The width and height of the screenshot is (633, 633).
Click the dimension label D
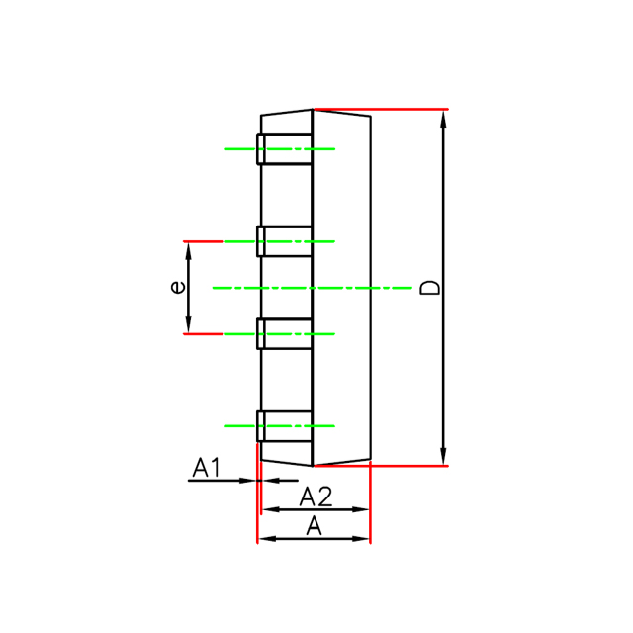(x=429, y=288)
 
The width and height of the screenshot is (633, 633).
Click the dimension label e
(x=177, y=287)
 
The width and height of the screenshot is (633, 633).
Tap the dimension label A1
(x=207, y=467)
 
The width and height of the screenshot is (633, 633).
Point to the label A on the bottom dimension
(x=315, y=525)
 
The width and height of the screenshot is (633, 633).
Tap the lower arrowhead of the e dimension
(x=189, y=326)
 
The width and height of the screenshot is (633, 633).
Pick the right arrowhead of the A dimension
(x=362, y=539)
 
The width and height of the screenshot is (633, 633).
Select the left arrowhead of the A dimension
(x=264, y=539)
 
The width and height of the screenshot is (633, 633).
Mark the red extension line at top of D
(x=396, y=109)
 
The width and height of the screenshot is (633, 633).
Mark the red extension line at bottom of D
(x=396, y=465)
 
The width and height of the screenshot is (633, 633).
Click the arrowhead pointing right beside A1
(x=249, y=481)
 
